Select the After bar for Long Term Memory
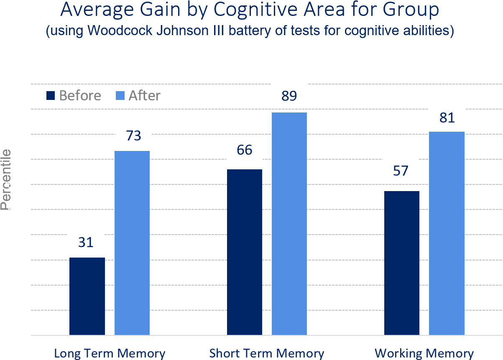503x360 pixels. (132, 243)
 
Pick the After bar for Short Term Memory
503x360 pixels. (289, 224)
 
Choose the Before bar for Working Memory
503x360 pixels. (401, 263)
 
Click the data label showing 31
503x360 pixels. (86, 243)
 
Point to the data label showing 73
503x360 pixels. (133, 135)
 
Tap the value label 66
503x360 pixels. (244, 150)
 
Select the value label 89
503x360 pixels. (289, 96)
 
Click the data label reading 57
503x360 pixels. (401, 171)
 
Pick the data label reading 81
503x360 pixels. (447, 118)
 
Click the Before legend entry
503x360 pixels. (74, 96)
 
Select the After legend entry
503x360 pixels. (138, 96)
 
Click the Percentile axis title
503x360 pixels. (6, 179)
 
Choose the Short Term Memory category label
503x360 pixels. (267, 353)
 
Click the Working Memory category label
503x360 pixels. (424, 353)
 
